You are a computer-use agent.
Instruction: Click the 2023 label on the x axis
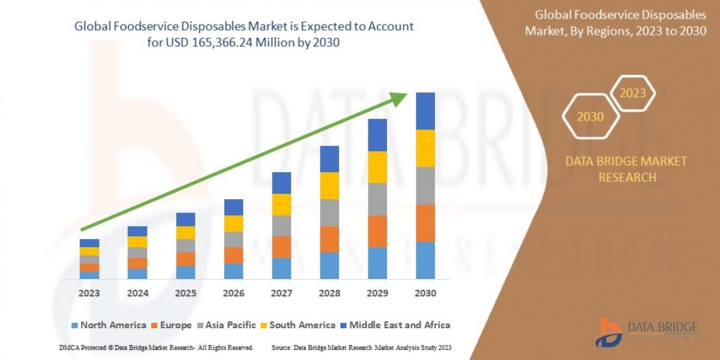(89, 294)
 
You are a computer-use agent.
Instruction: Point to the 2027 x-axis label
(281, 294)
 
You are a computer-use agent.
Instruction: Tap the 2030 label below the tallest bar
(425, 294)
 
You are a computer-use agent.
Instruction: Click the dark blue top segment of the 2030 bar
(425, 111)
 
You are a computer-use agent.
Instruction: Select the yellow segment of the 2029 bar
(377, 167)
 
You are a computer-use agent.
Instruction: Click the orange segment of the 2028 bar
(329, 239)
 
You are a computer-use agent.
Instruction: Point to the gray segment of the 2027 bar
(281, 226)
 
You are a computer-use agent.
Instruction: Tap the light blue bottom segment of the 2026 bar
(233, 271)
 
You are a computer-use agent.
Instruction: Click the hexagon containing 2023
(632, 94)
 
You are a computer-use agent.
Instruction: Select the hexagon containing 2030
(590, 117)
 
